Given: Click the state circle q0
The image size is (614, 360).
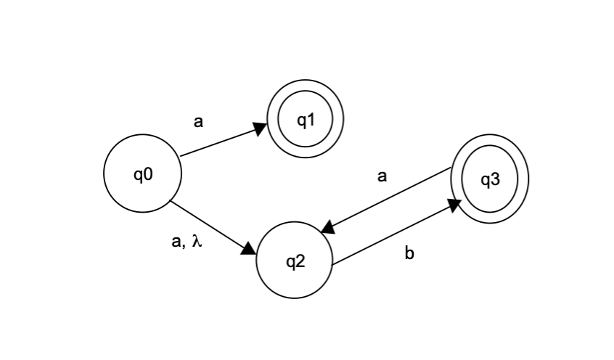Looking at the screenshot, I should click(142, 174).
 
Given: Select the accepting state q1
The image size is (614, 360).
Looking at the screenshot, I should click(305, 120).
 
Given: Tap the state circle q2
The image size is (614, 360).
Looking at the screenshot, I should click(294, 262).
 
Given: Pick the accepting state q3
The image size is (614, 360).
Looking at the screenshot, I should click(490, 179).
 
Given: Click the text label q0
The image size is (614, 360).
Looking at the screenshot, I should click(142, 174).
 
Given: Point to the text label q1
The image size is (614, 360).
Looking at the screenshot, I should click(306, 120).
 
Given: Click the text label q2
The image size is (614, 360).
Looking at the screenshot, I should click(295, 262).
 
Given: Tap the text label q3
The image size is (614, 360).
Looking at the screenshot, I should click(491, 179).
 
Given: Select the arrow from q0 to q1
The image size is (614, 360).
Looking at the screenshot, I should click(221, 141).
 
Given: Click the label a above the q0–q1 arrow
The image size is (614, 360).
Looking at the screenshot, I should click(198, 122).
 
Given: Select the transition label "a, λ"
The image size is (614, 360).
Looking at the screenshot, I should click(186, 243).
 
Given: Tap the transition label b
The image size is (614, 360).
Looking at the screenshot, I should click(409, 254).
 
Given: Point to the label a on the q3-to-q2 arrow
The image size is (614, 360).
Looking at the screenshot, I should click(382, 176).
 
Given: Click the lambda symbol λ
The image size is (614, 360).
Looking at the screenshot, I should click(196, 242).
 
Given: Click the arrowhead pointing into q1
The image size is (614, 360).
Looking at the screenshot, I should click(261, 128).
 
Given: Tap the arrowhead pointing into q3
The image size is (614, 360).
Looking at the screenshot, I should click(455, 205).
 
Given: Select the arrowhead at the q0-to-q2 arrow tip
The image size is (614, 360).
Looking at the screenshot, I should click(249, 250).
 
